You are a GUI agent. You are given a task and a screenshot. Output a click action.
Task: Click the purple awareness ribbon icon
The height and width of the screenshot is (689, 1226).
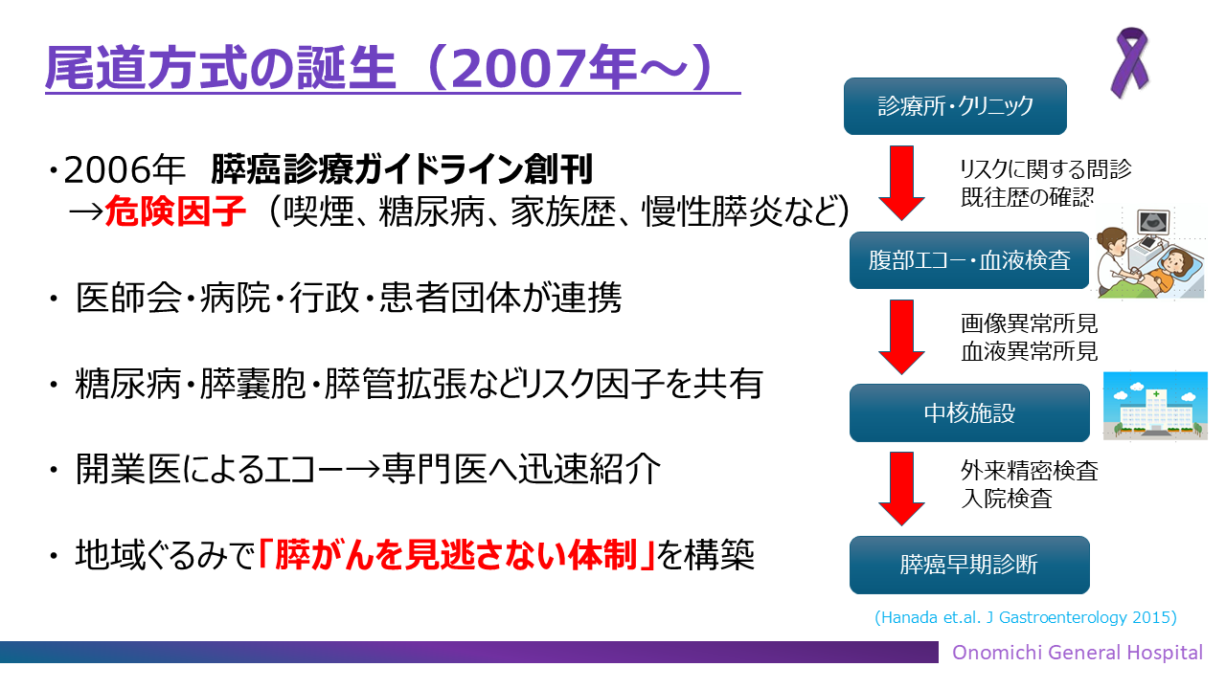click(x=1129, y=63)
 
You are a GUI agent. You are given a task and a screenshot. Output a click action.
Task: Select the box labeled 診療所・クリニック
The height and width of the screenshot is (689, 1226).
click(x=955, y=106)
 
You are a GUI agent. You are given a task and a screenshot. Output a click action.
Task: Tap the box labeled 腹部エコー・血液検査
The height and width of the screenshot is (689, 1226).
click(x=969, y=260)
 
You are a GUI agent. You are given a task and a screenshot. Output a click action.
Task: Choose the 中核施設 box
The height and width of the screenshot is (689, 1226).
click(x=969, y=412)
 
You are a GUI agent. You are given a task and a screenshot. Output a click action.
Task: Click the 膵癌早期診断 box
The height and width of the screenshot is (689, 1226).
click(x=969, y=565)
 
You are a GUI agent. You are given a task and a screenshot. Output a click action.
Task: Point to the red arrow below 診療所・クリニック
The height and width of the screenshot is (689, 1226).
click(x=901, y=183)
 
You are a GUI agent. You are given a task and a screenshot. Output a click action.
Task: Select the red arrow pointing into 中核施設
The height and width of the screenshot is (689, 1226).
click(x=901, y=337)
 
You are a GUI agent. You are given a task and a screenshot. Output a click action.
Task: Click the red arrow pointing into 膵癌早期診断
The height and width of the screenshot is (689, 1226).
click(x=901, y=488)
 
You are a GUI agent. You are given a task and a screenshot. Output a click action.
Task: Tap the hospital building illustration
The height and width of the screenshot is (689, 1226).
click(x=1155, y=406)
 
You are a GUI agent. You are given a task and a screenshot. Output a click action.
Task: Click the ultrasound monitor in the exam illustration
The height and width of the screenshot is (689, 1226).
click(x=1153, y=224)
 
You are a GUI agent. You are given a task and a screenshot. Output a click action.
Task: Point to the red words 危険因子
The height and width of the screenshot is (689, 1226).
click(x=175, y=211)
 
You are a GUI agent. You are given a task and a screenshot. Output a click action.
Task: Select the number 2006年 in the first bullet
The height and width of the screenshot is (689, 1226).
click(x=125, y=169)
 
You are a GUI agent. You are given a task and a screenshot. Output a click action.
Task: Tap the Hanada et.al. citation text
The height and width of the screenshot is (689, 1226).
click(x=1026, y=617)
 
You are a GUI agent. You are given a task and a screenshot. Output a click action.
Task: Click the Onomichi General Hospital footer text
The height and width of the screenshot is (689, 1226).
click(x=1078, y=653)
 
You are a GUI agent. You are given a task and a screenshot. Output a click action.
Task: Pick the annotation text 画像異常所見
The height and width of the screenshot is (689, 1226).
click(x=1029, y=323)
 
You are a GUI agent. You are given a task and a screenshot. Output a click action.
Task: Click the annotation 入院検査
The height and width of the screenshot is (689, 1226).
click(x=1007, y=499)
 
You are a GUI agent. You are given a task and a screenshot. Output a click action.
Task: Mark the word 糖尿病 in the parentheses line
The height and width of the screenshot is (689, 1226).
click(x=431, y=211)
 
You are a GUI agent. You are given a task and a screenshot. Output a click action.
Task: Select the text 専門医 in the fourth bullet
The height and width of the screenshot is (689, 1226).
click(x=434, y=469)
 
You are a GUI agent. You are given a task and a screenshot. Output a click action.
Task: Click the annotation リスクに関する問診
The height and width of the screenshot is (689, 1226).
click(x=1045, y=169)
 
